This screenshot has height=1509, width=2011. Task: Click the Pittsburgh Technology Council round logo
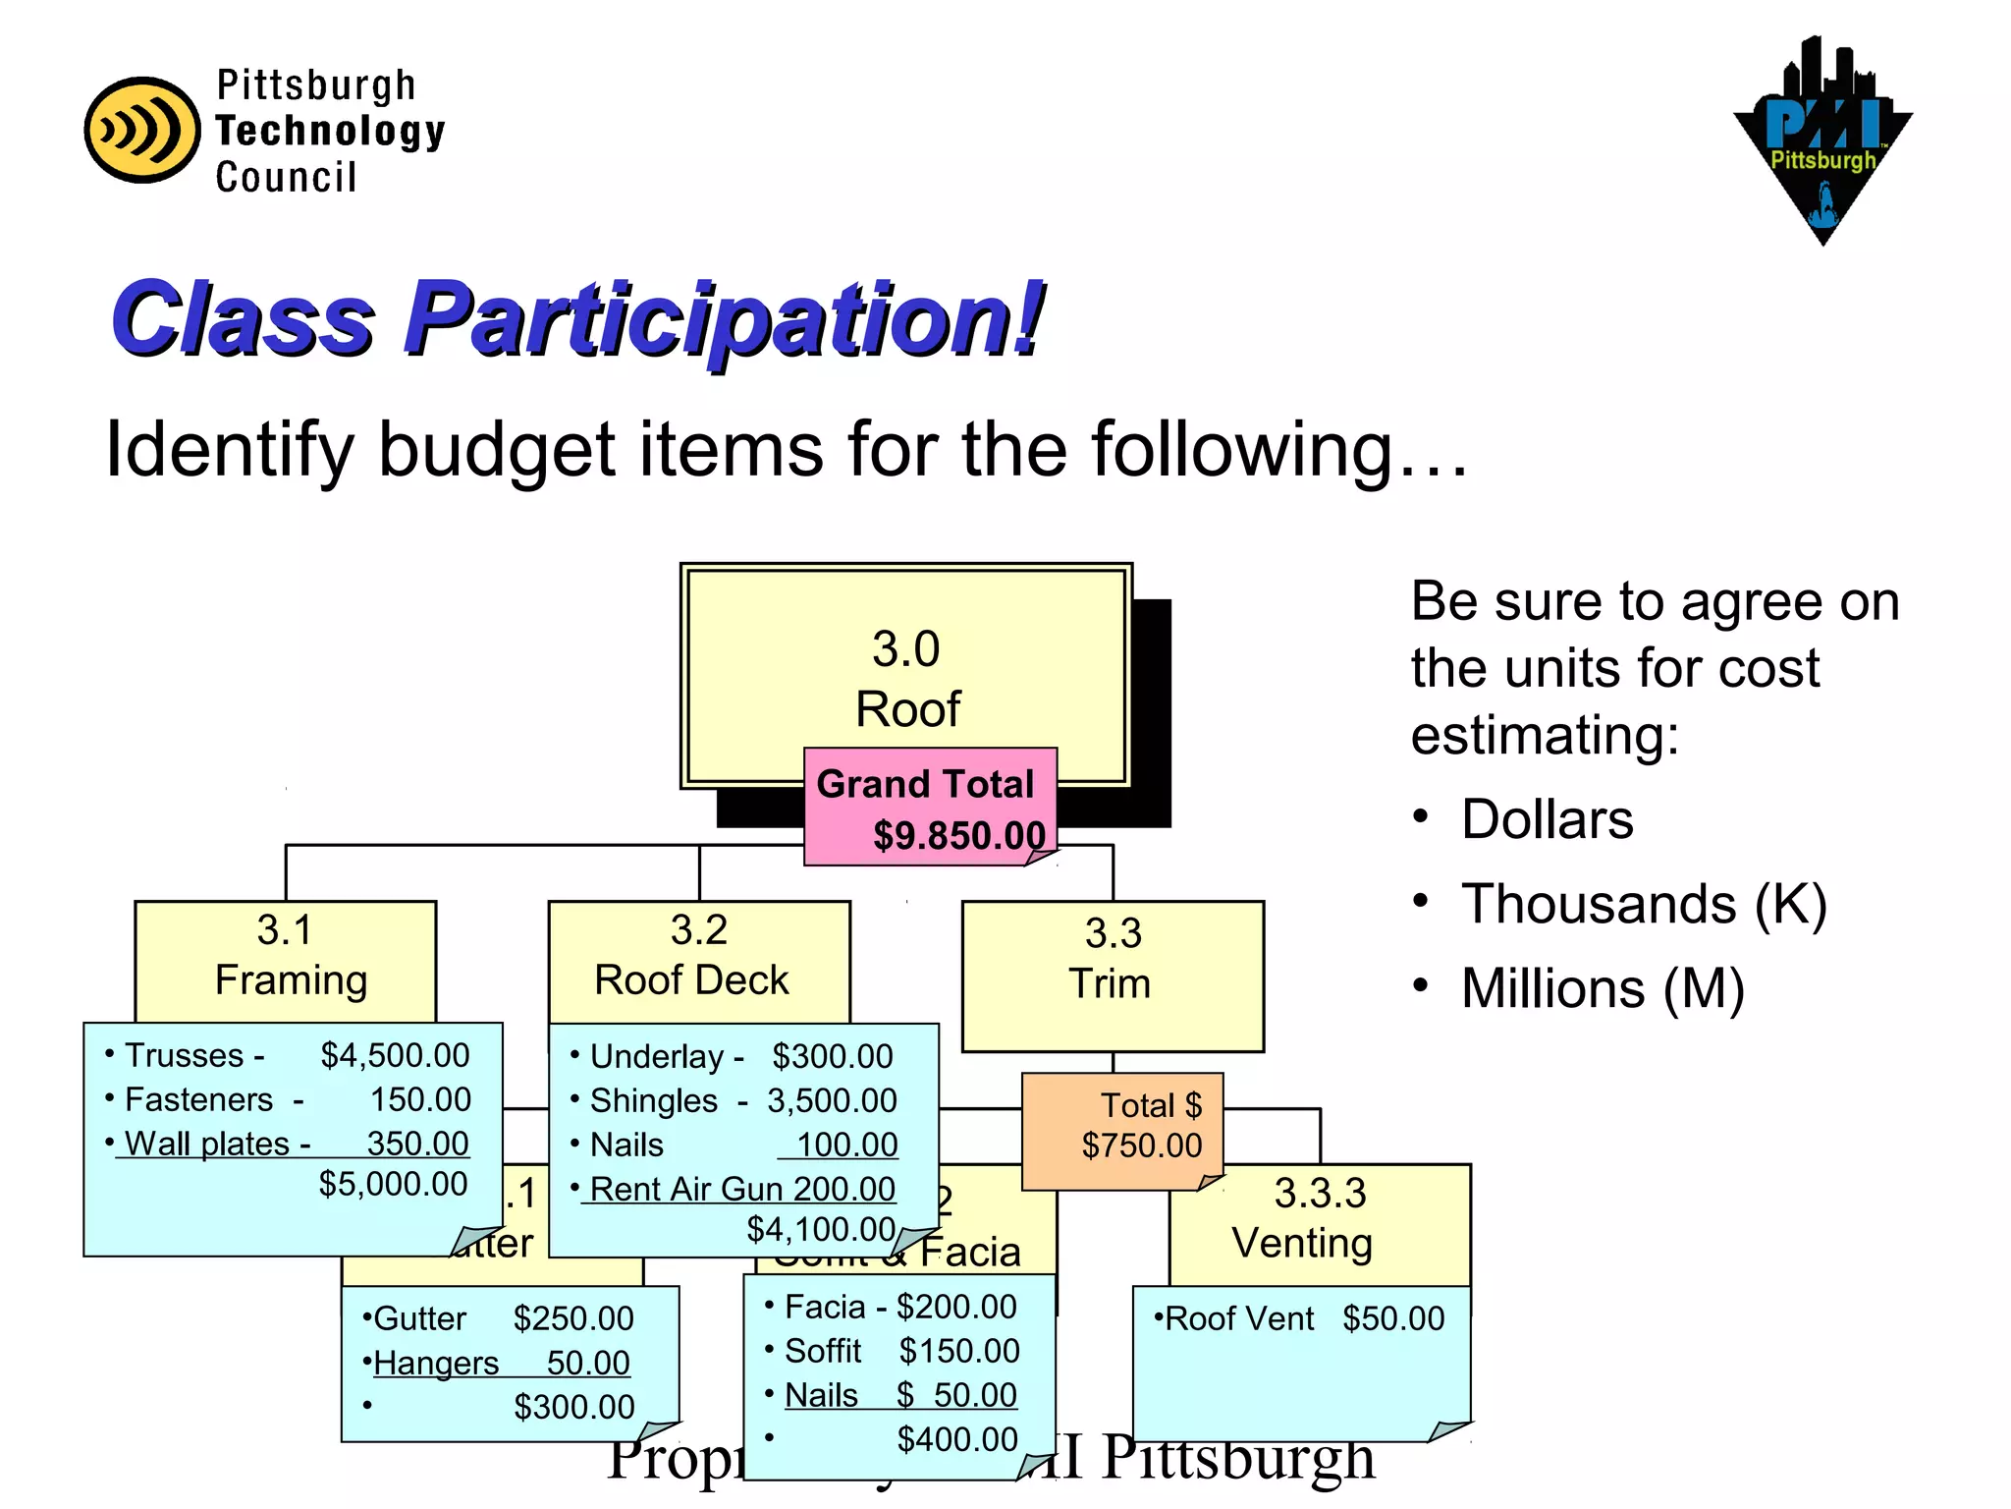142,131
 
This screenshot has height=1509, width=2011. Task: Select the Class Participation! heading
576,318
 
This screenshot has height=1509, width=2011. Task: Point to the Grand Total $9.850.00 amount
958,836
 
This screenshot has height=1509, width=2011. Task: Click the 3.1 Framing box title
286,955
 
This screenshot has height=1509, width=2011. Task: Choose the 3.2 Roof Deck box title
697,955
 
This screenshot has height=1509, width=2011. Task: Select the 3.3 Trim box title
1112,959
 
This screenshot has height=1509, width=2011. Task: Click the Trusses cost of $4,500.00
395,1055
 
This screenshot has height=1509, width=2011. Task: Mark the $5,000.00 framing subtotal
393,1184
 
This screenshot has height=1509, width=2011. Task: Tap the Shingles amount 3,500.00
832,1100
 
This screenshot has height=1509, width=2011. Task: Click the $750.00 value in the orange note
1141,1146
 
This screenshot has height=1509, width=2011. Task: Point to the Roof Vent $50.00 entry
1298,1318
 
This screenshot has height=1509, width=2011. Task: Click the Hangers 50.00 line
501,1363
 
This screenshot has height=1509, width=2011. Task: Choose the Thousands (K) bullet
1643,904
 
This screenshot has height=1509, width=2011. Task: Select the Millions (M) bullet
1602,988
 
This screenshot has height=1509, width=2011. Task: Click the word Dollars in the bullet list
1547,819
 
